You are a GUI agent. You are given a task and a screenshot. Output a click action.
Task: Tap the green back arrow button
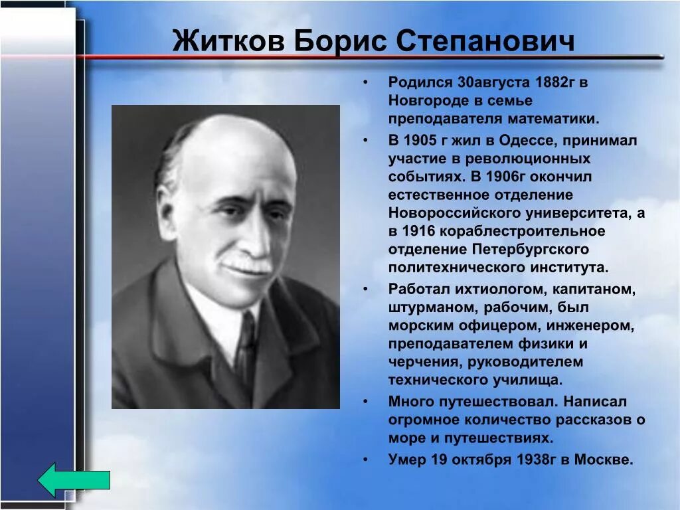[x=74, y=480]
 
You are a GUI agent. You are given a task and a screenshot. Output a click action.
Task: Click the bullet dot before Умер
[x=365, y=460]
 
